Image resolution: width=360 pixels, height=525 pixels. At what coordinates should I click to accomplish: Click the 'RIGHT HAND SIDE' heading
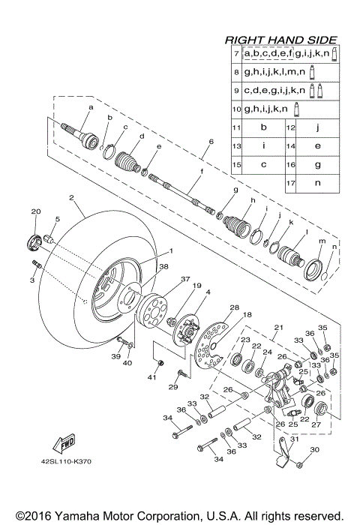(281, 40)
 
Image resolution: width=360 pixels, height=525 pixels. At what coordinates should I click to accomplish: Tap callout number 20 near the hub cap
(34, 212)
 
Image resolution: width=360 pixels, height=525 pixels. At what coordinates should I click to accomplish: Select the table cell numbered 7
(235, 55)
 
